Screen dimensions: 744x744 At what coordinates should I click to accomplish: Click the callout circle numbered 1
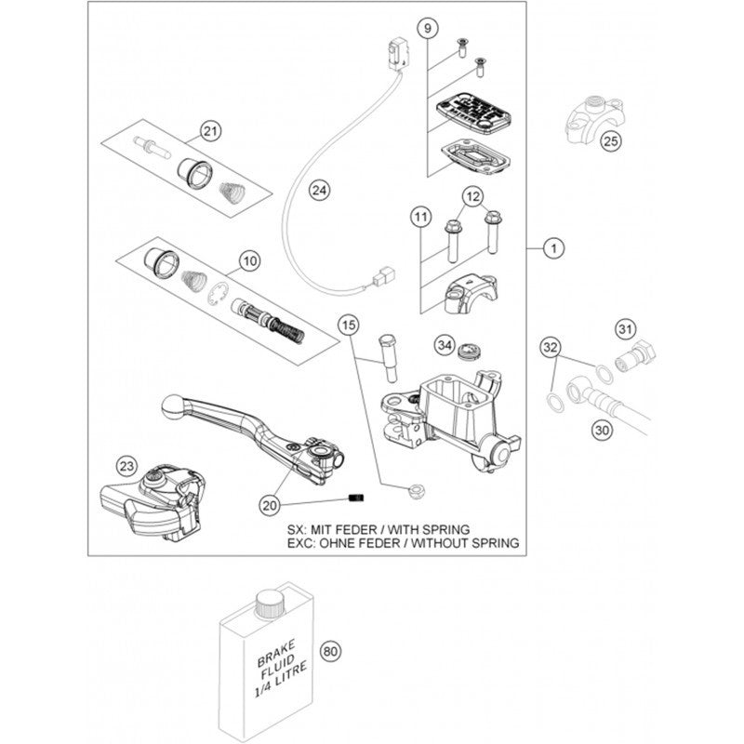point(552,248)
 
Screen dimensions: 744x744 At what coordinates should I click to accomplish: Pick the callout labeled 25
point(609,142)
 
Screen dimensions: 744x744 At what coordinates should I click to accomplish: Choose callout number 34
point(445,347)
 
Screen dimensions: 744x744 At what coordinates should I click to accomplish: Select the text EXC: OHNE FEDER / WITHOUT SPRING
point(403,542)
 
